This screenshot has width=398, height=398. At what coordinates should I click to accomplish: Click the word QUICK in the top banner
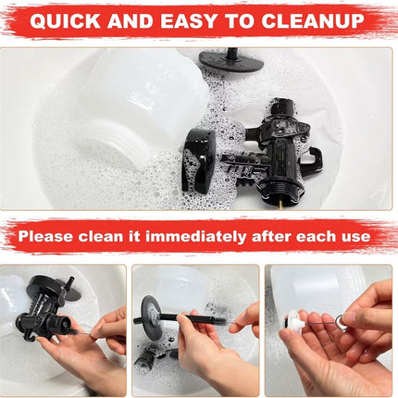(65, 21)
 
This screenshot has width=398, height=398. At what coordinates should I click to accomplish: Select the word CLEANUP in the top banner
(313, 21)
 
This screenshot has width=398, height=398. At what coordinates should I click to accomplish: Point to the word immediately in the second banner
(195, 236)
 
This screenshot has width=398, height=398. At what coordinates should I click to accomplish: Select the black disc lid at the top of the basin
(231, 61)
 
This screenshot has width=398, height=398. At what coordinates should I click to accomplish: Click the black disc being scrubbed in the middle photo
(150, 318)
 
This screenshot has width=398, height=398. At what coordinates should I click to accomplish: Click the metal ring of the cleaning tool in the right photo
(342, 321)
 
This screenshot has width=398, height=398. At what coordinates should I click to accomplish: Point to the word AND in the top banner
(131, 21)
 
